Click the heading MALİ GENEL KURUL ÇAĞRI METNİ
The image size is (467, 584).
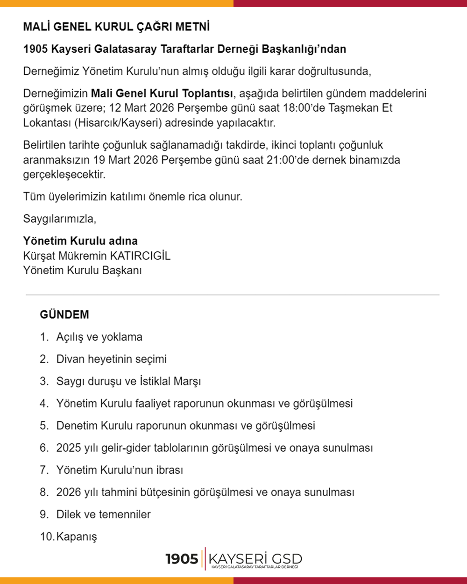coord(116,27)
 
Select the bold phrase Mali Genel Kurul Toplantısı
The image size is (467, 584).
coord(162,93)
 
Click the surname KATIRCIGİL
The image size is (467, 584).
coord(140,256)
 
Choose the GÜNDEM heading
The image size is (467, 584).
coord(64,314)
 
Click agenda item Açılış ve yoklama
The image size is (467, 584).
coord(99,337)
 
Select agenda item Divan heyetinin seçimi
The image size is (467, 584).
coord(111,359)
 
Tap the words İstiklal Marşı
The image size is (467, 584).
coord(170,381)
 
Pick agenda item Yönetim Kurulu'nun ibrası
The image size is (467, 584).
coord(120,470)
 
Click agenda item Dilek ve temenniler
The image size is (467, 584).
coord(103,514)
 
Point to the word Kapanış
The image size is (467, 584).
coord(77,537)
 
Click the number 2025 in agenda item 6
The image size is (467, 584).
coord(68,448)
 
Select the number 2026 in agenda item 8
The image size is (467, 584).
coord(68,492)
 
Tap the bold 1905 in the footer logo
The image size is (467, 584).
coord(182,559)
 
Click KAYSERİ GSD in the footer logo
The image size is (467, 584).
coord(255,558)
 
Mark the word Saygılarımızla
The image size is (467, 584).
coord(60,219)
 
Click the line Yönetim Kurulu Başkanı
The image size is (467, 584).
coord(82,271)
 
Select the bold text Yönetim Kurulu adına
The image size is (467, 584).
coord(80,241)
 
